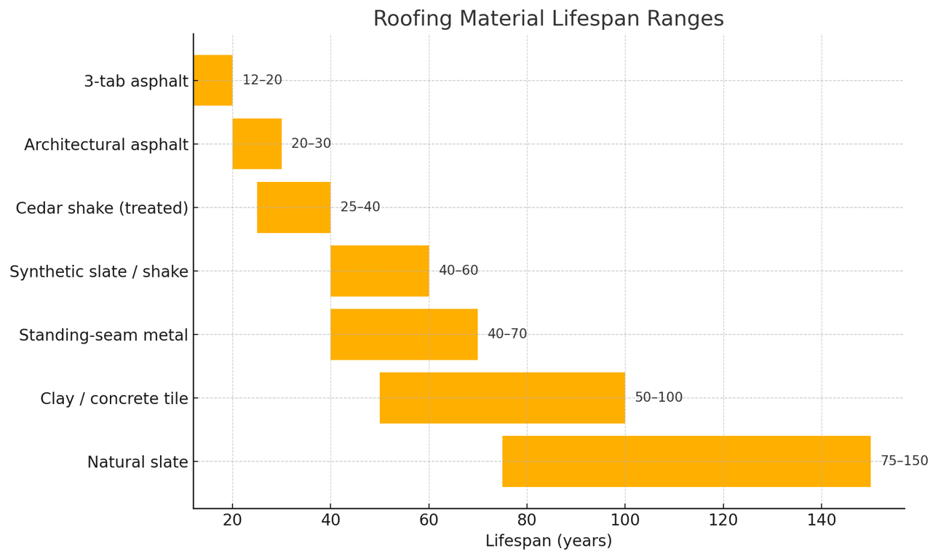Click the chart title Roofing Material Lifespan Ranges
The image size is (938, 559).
pyautogui.click(x=548, y=19)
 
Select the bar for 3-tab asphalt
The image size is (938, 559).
pyautogui.click(x=213, y=80)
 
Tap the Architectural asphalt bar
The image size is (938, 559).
pyautogui.click(x=257, y=143)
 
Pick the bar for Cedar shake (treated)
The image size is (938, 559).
pyautogui.click(x=293, y=207)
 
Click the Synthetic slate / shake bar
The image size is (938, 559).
pyautogui.click(x=379, y=271)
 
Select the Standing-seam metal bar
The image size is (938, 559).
pyautogui.click(x=404, y=334)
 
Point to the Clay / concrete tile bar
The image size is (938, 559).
pyautogui.click(x=502, y=397)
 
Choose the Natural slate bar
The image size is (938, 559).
pyautogui.click(x=686, y=461)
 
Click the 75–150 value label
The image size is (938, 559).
pyautogui.click(x=904, y=461)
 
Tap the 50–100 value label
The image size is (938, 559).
pyautogui.click(x=659, y=397)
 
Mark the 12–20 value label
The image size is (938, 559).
pyautogui.click(x=262, y=80)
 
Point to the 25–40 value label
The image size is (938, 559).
pyautogui.click(x=360, y=207)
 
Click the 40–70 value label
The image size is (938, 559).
pyautogui.click(x=507, y=334)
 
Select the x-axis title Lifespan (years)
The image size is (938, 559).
pyautogui.click(x=548, y=542)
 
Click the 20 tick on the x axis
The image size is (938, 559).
pyautogui.click(x=233, y=520)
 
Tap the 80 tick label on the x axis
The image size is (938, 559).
pyautogui.click(x=527, y=520)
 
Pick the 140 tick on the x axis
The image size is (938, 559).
pyautogui.click(x=822, y=520)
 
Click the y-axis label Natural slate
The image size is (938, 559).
pyautogui.click(x=138, y=462)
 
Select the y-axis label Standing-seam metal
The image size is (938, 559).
pyautogui.click(x=103, y=336)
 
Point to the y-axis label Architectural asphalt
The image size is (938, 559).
pyautogui.click(x=106, y=145)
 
